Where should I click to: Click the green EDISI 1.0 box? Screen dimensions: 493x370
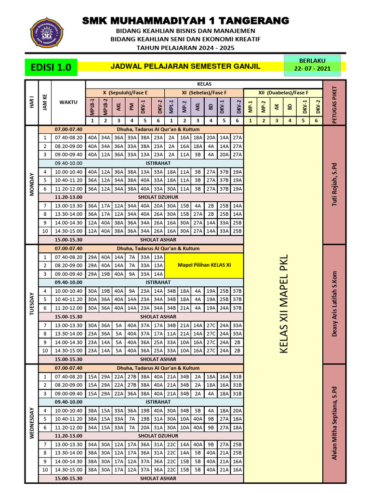tap(50, 67)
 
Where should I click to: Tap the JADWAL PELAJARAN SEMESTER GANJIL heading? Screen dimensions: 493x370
tap(185, 66)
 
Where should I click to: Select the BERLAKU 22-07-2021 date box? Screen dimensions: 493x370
tap(312, 65)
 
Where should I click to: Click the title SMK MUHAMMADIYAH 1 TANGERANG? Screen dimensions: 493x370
tap(185, 21)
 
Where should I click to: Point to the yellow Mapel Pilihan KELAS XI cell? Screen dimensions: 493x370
tap(204, 265)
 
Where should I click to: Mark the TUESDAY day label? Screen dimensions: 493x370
tap(32, 303)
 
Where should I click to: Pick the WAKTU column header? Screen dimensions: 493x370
tap(68, 102)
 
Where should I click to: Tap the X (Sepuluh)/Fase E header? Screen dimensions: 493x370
tap(125, 92)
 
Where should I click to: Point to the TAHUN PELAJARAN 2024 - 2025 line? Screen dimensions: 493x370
tap(185, 48)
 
